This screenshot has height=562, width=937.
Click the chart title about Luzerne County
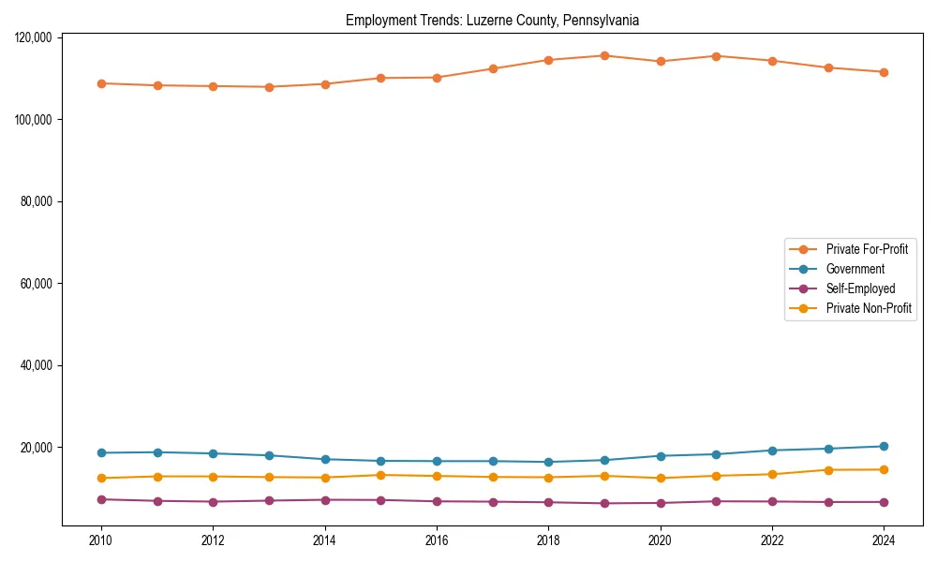click(492, 20)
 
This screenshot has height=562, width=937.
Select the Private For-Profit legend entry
click(867, 249)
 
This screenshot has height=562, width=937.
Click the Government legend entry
click(855, 269)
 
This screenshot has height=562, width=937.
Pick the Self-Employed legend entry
click(860, 288)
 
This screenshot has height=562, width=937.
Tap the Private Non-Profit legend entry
click(869, 308)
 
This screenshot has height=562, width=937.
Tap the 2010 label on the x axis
click(101, 540)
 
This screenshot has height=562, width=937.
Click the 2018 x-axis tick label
click(549, 540)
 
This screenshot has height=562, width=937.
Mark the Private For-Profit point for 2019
click(604, 55)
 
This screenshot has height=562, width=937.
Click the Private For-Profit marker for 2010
click(101, 83)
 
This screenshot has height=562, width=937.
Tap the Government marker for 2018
click(549, 462)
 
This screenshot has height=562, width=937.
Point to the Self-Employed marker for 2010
click(101, 499)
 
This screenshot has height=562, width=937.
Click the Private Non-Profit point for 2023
click(828, 470)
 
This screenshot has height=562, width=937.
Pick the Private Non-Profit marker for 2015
click(380, 475)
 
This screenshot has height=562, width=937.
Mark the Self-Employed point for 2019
click(604, 503)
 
